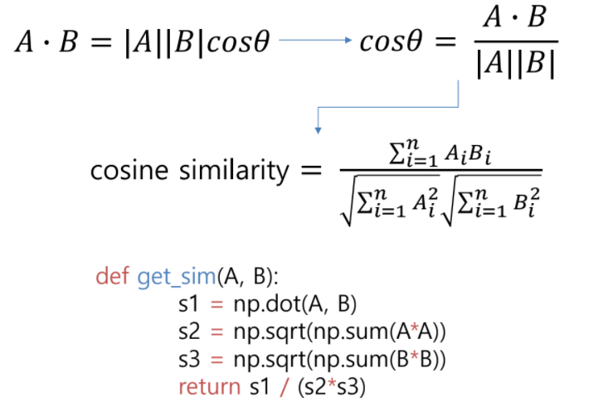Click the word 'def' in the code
(x=114, y=276)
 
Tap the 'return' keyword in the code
(x=204, y=385)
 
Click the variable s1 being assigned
(x=188, y=304)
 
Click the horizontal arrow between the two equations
(x=316, y=41)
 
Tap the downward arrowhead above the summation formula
(x=317, y=129)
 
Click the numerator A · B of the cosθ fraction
(x=516, y=18)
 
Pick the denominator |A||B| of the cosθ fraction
(x=516, y=65)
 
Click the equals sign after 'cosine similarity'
(x=310, y=172)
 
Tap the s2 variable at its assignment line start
(x=188, y=332)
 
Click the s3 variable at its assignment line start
(x=188, y=359)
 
